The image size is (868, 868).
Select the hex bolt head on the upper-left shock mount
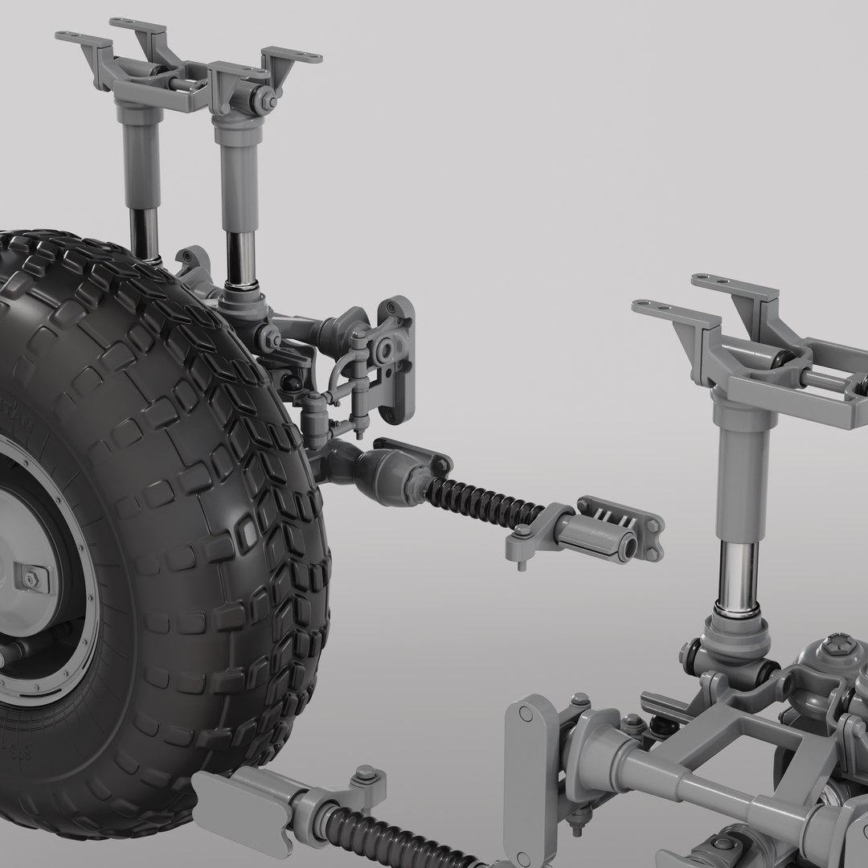[x=263, y=100]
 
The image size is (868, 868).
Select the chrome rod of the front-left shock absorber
[x=240, y=256]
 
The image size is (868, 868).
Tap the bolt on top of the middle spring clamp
[x=522, y=532]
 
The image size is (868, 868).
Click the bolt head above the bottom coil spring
[x=364, y=773]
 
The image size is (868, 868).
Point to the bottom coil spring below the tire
[x=386, y=836]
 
